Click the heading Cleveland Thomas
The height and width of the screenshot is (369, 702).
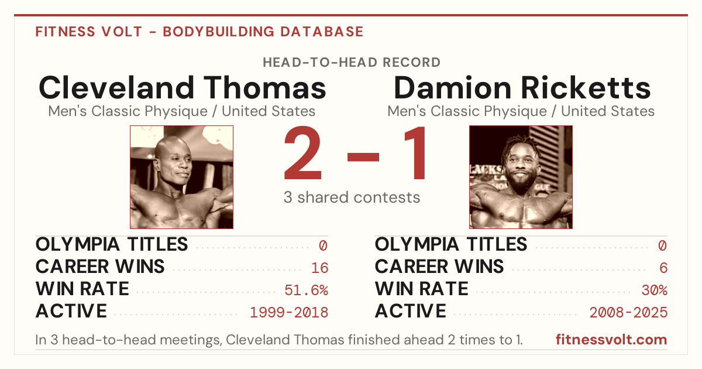point(183,87)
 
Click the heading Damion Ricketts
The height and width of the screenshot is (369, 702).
point(522,87)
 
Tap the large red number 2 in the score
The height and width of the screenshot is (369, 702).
point(303,153)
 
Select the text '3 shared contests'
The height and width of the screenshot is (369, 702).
point(352,198)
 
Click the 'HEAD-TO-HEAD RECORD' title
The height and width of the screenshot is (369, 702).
point(352,63)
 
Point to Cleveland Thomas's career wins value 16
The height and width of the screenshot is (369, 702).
point(319,268)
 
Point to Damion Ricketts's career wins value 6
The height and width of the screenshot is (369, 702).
point(663,268)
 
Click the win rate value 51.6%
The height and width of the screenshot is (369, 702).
point(306,291)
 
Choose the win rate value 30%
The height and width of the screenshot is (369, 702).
point(655,291)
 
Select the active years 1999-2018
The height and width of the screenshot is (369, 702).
point(289,313)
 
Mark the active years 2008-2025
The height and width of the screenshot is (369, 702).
point(628,313)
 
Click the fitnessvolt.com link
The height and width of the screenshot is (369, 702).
point(611,340)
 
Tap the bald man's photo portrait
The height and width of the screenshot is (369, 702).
point(181,177)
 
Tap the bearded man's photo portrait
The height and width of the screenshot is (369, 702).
point(521,177)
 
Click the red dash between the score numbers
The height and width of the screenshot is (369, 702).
point(363,157)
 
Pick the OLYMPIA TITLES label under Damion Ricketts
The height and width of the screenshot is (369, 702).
point(451,244)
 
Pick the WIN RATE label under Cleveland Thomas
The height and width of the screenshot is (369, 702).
point(82,289)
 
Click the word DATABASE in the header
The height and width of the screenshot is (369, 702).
point(322,32)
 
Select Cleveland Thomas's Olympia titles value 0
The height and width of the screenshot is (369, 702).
point(324,245)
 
